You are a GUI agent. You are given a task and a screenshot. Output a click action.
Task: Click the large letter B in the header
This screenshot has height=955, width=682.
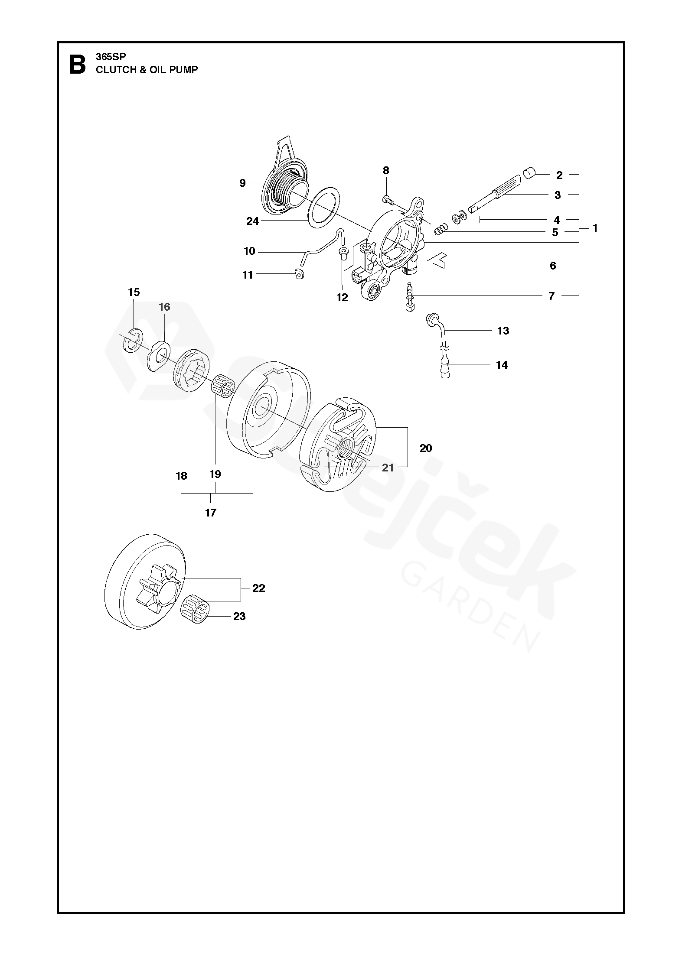(x=77, y=64)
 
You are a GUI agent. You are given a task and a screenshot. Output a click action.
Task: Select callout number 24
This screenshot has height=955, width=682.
(x=252, y=221)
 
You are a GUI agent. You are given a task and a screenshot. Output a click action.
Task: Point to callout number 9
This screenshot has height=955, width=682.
(x=242, y=183)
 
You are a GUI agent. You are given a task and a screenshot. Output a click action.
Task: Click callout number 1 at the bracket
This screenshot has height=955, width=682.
(x=595, y=228)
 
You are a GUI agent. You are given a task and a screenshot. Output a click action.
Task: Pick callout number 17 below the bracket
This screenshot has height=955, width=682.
(x=211, y=513)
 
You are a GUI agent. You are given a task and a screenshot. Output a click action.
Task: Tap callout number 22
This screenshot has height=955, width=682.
(x=259, y=588)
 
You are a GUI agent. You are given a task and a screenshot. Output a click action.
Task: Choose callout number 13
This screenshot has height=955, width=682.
(x=503, y=331)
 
